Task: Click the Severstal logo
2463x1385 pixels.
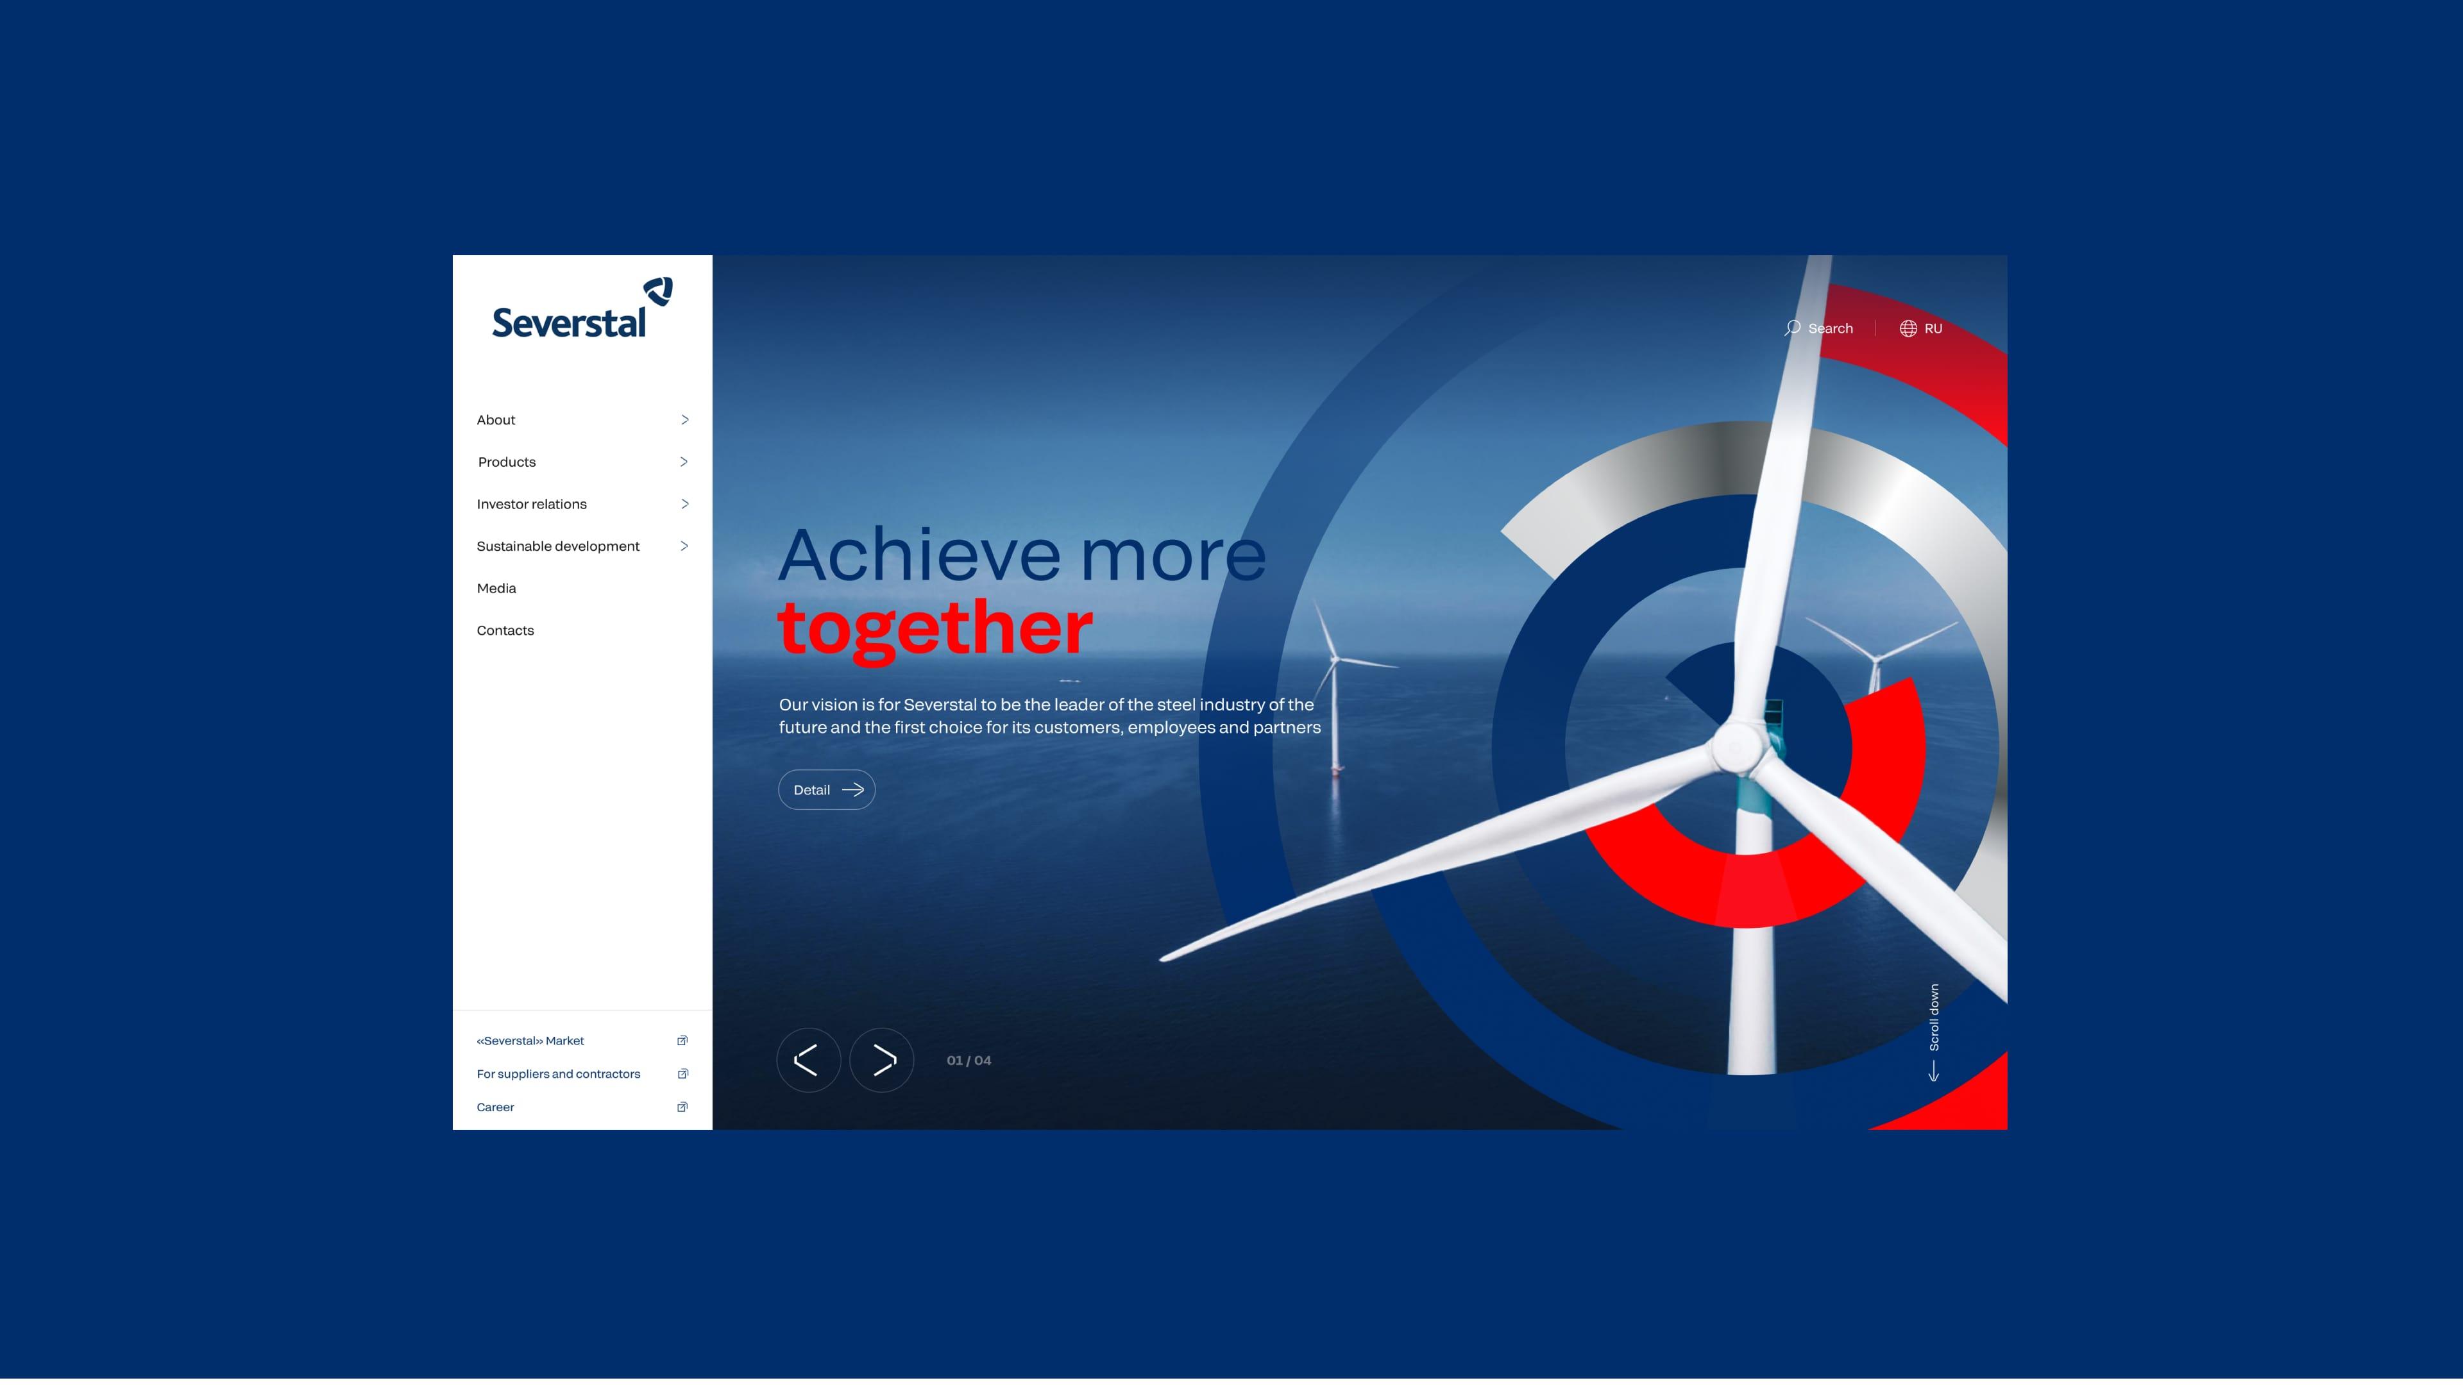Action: pos(581,308)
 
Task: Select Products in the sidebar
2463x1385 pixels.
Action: pos(507,462)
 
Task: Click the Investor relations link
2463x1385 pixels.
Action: pos(532,504)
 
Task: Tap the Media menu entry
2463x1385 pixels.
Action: pos(496,588)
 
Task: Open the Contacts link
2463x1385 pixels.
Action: pos(505,630)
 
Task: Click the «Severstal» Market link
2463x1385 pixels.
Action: pos(530,1041)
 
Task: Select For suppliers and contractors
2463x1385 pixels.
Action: pos(559,1075)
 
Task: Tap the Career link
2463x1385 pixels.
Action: pos(495,1107)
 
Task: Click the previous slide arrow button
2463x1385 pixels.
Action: pos(808,1060)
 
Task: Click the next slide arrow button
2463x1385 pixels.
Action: pos(881,1060)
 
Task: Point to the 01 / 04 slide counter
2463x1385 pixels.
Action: pos(969,1060)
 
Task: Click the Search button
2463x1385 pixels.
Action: pos(1818,328)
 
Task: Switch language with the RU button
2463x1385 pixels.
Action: pos(1921,328)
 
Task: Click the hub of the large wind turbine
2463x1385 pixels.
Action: pos(1738,746)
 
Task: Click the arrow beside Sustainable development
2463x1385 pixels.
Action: pos(684,546)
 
